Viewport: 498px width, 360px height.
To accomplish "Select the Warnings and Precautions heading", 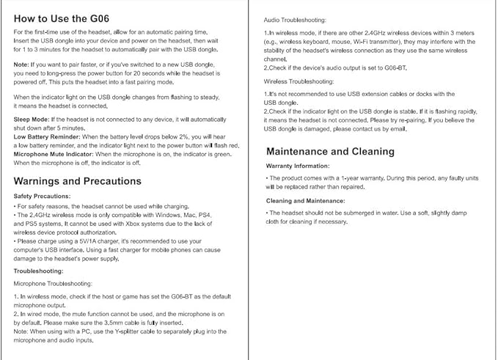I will click(x=77, y=181).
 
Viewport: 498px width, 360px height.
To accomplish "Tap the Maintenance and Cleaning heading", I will click(x=330, y=152).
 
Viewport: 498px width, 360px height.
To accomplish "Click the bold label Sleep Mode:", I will click(x=32, y=119).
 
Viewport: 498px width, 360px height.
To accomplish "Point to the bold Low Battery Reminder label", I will click(x=47, y=137).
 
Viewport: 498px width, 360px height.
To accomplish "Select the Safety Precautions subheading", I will click(x=42, y=196).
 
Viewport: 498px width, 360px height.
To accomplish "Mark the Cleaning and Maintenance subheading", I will click(x=305, y=200).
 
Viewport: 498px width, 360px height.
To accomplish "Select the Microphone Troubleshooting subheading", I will click(x=53, y=283).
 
